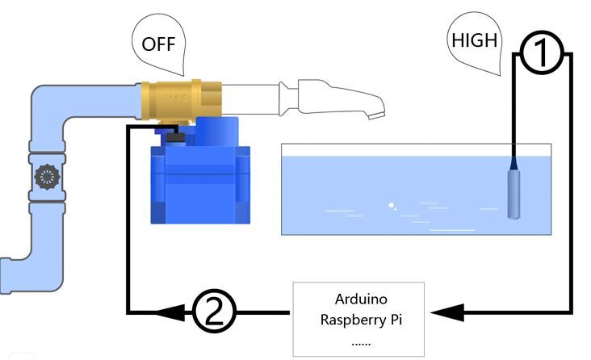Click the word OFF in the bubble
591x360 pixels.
pyautogui.click(x=159, y=44)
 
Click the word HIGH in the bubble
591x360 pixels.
pyautogui.click(x=475, y=40)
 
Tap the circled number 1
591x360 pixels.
pyautogui.click(x=542, y=52)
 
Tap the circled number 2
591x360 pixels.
pyautogui.click(x=215, y=312)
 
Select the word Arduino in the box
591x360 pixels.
pyautogui.click(x=361, y=299)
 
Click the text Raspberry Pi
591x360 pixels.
pyautogui.click(x=361, y=320)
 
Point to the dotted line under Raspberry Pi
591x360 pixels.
pyautogui.click(x=361, y=344)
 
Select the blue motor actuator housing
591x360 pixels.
pyautogui.click(x=200, y=177)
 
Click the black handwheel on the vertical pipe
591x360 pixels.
pyautogui.click(x=47, y=177)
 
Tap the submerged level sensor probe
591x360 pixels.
pyautogui.click(x=513, y=193)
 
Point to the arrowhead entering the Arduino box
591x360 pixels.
pyautogui.click(x=447, y=312)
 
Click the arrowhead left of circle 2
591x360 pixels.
pyautogui.click(x=170, y=312)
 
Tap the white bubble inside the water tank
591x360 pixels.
pyautogui.click(x=392, y=205)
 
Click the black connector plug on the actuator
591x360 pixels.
pyautogui.click(x=176, y=137)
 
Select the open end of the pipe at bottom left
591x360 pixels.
pyautogui.click(x=5, y=275)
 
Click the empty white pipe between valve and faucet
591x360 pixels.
pyautogui.click(x=250, y=99)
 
